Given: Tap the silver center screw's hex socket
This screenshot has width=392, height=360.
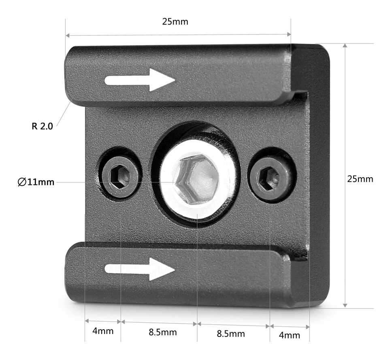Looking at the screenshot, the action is click(x=197, y=179).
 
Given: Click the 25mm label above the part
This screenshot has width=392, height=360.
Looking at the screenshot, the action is click(x=175, y=22).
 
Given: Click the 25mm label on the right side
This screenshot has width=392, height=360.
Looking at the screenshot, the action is click(x=360, y=179).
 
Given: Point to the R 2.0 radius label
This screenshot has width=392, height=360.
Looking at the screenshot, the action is click(x=42, y=126).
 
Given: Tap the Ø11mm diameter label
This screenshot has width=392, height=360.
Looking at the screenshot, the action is click(x=36, y=182).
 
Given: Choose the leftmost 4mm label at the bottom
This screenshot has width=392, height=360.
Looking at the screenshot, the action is click(x=103, y=331).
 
